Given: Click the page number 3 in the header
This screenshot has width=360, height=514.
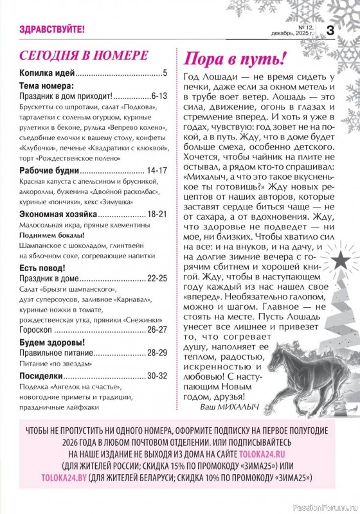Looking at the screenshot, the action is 330,30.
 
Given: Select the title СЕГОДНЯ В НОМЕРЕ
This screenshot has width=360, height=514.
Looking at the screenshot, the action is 84,55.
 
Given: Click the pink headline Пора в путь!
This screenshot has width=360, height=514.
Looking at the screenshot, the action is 234,59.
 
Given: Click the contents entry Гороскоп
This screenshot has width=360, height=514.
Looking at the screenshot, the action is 39,329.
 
